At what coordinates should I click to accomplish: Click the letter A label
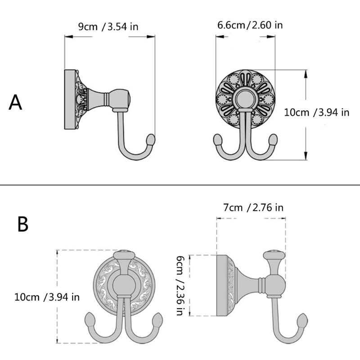tap(15, 103)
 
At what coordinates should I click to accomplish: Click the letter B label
tap(22, 224)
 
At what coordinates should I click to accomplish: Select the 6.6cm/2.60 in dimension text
tap(250, 24)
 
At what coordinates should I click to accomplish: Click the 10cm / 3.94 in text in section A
tap(317, 112)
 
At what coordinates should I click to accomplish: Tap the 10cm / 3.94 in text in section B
tap(47, 297)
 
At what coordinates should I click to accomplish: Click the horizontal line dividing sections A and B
tap(180, 185)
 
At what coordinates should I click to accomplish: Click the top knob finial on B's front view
tap(123, 256)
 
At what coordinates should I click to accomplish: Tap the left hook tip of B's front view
tap(89, 321)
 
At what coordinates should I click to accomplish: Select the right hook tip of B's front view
tap(158, 321)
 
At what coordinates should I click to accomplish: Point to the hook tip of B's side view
tap(302, 322)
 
